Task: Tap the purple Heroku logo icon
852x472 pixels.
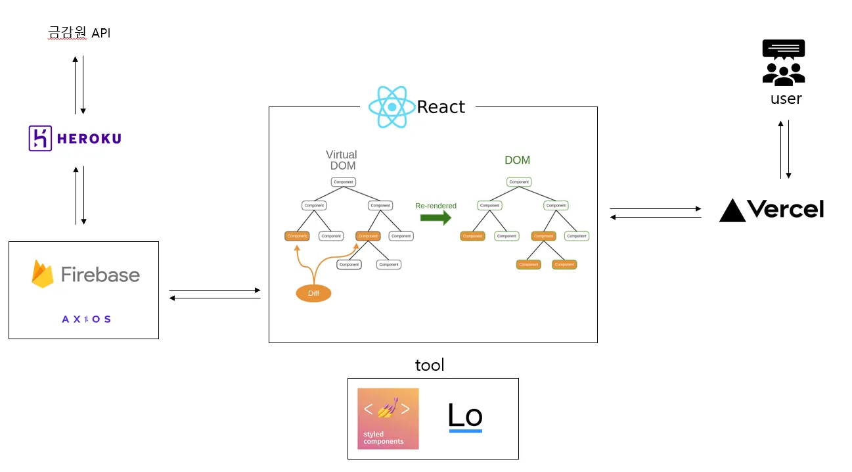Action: click(40, 139)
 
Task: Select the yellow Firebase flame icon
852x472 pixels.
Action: click(43, 274)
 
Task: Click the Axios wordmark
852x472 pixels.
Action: click(86, 319)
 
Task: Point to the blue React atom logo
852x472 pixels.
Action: click(392, 106)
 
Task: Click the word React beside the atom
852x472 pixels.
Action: click(441, 107)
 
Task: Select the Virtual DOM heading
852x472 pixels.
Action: click(342, 160)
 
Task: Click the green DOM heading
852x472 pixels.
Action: click(517, 160)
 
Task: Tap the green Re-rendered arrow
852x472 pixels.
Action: click(436, 218)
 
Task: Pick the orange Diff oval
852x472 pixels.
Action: click(313, 293)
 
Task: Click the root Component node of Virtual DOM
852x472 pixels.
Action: click(343, 182)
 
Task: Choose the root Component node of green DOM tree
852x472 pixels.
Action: click(519, 182)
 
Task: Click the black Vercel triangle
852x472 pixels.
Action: click(732, 210)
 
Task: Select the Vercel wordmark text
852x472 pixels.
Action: click(786, 209)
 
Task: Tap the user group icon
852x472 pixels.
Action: click(784, 72)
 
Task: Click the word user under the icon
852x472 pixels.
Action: click(786, 99)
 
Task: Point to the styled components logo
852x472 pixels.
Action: click(388, 419)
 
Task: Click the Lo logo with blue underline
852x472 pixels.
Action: click(465, 417)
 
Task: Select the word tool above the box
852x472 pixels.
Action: click(430, 365)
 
